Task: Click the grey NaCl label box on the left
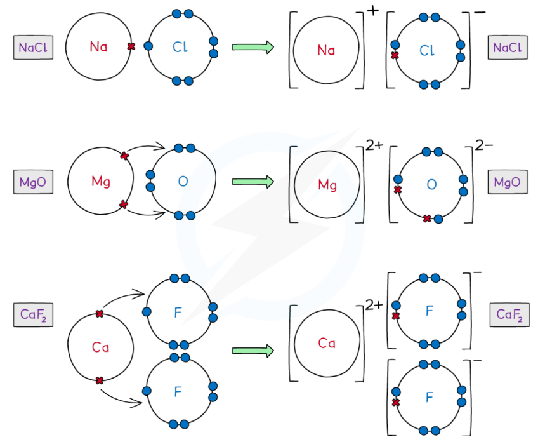pyautogui.click(x=32, y=48)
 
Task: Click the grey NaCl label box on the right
pyautogui.click(x=507, y=48)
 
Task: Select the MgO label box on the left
pyautogui.click(x=32, y=182)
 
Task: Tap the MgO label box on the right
pyautogui.click(x=507, y=182)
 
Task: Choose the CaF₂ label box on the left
pyautogui.click(x=32, y=315)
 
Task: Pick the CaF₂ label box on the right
pyautogui.click(x=509, y=315)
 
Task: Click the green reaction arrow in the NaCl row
pyautogui.click(x=253, y=47)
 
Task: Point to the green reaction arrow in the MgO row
pyautogui.click(x=253, y=182)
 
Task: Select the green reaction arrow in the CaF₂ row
pyautogui.click(x=253, y=350)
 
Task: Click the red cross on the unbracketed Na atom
pyautogui.click(x=131, y=46)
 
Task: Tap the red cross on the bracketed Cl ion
pyautogui.click(x=395, y=56)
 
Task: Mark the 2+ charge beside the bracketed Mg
pyautogui.click(x=374, y=145)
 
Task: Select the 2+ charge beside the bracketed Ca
pyautogui.click(x=374, y=305)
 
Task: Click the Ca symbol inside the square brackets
pyautogui.click(x=327, y=344)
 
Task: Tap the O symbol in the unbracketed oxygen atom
pyautogui.click(x=183, y=182)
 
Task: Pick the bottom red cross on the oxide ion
pyautogui.click(x=427, y=218)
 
